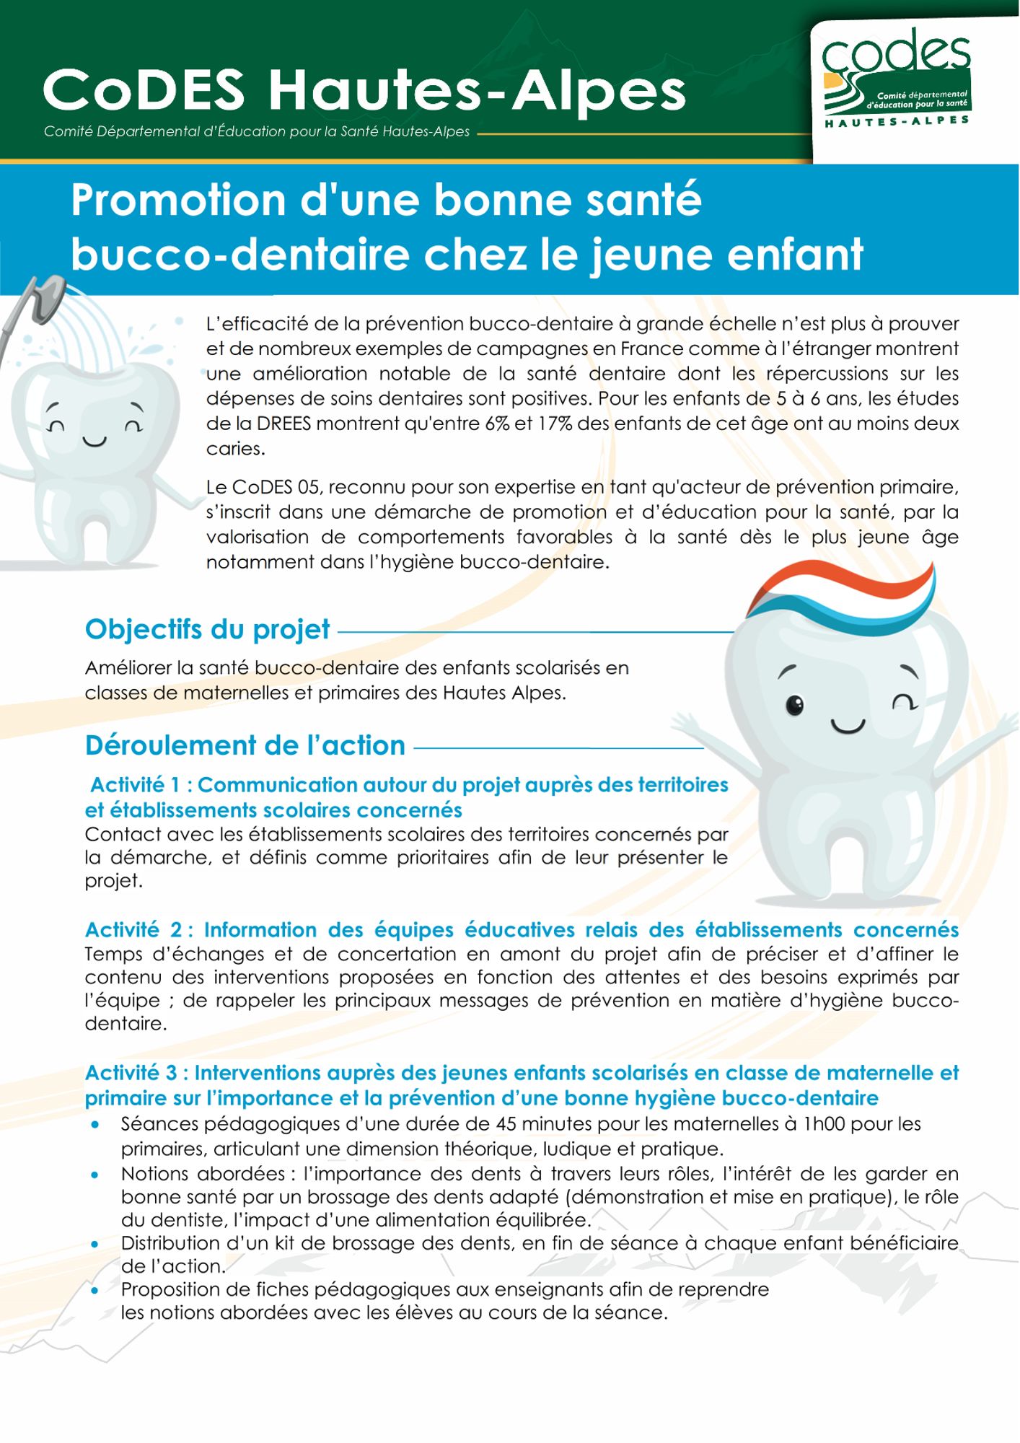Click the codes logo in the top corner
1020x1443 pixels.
click(x=897, y=76)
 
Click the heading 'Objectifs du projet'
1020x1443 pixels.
click(x=207, y=629)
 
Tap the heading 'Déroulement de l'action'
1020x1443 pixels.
click(x=245, y=745)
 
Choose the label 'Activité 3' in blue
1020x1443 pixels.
click(x=131, y=1074)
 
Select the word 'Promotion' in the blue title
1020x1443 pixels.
click(x=178, y=201)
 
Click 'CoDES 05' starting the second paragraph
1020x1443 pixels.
click(x=261, y=487)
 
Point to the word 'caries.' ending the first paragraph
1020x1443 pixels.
click(x=235, y=449)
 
